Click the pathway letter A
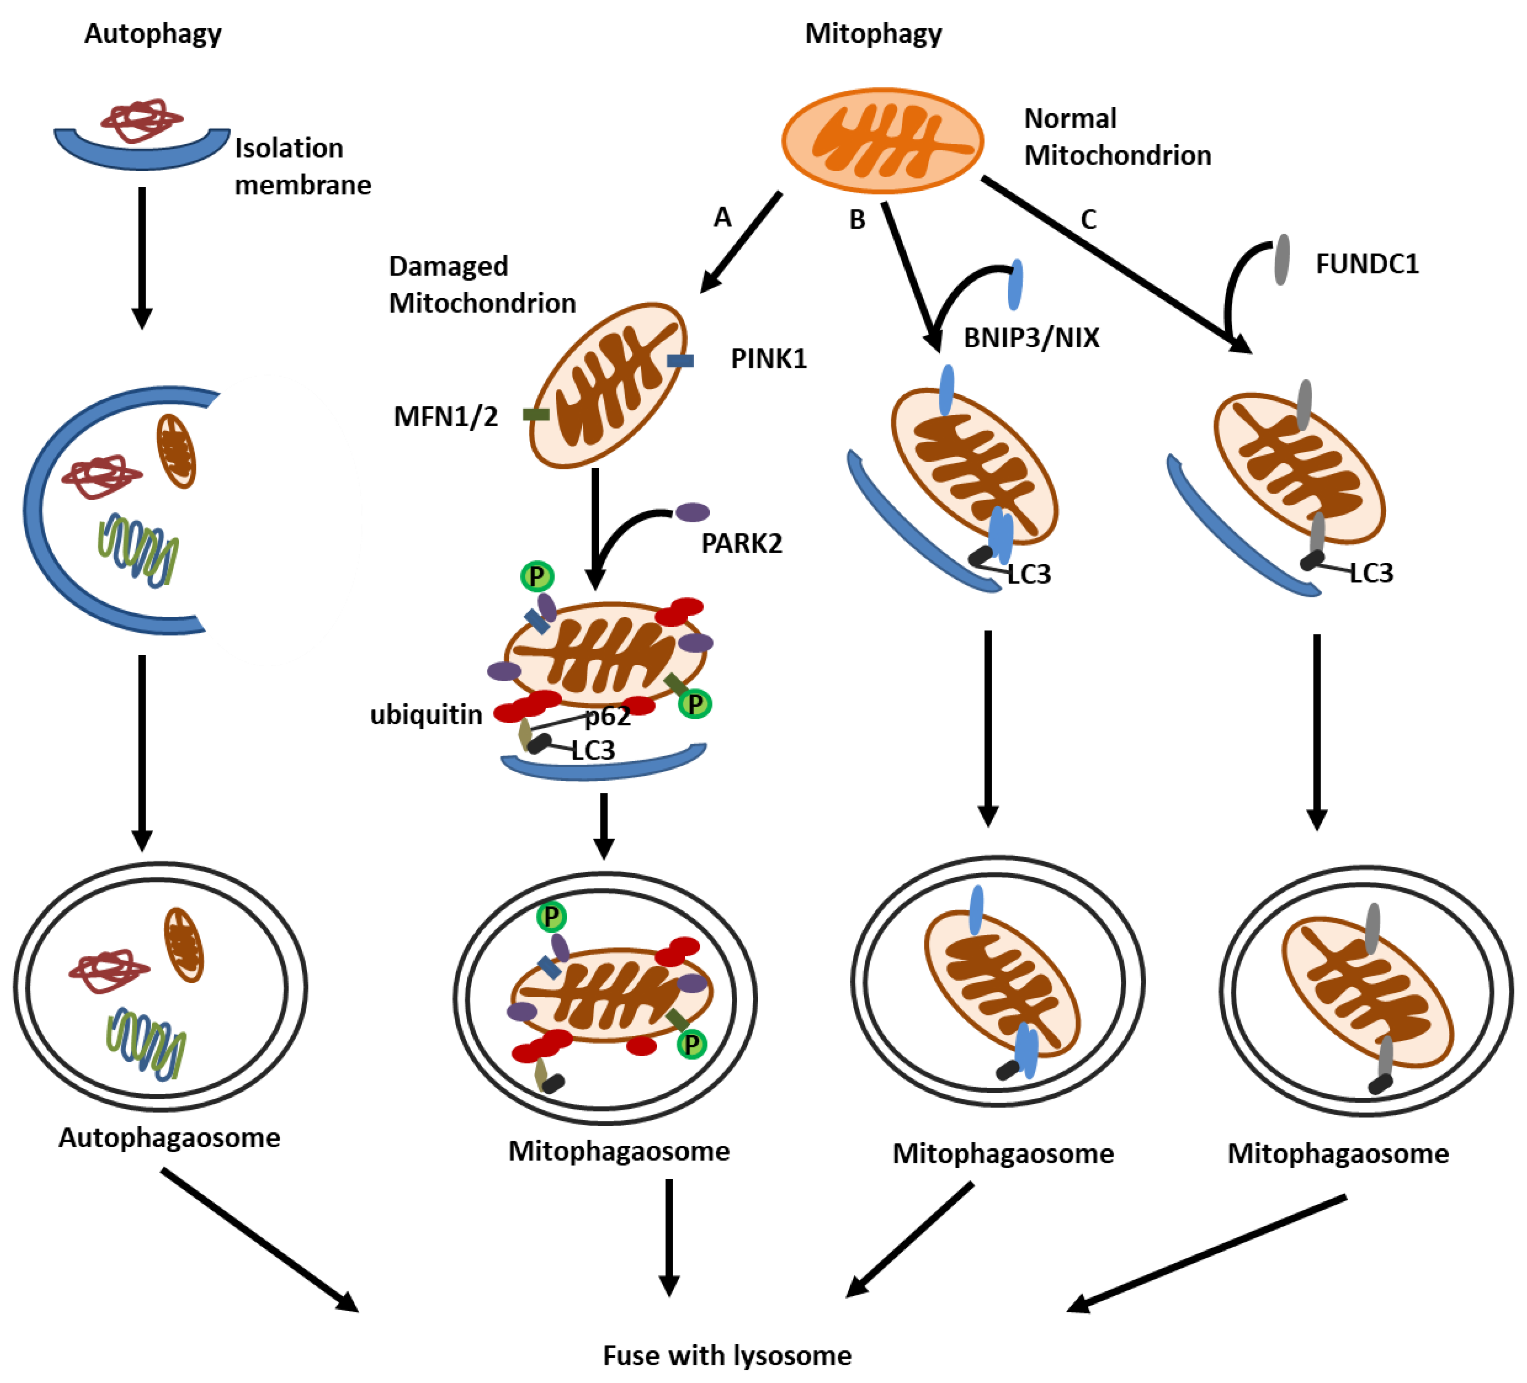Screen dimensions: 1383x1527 click(723, 218)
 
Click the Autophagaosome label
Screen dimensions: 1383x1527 click(169, 1138)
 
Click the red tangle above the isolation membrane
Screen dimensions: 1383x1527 click(142, 120)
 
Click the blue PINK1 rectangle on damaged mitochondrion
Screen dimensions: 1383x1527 click(680, 361)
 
